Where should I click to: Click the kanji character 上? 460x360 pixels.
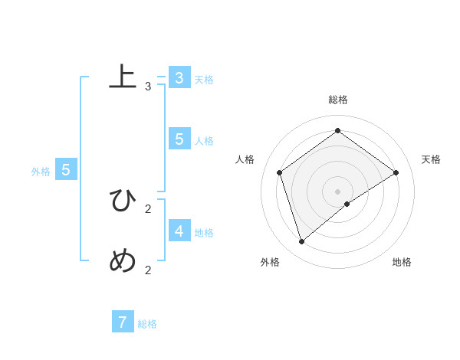coord(123,78)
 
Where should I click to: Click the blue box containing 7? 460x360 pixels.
coord(123,322)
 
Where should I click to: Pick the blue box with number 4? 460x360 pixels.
coord(179,231)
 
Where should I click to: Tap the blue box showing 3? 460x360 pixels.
coord(179,77)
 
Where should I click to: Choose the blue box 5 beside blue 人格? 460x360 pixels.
coord(179,139)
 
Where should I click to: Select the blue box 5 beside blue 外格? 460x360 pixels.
coord(66,170)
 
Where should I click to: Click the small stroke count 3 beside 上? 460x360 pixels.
coord(148,87)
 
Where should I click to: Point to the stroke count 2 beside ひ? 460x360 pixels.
coord(148,208)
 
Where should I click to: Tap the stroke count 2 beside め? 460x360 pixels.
coord(148,270)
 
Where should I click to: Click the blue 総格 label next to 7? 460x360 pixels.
coord(147,324)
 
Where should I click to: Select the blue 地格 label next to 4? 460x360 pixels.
coord(204,233)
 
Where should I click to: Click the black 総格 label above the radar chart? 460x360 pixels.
coord(338,100)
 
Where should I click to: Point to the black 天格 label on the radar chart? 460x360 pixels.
coord(431,159)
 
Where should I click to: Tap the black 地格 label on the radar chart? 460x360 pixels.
coord(402,262)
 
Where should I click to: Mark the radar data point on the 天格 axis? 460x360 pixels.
coord(396,172)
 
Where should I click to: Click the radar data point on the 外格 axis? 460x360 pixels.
coord(302,241)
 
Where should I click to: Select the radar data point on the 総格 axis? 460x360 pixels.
coord(337,131)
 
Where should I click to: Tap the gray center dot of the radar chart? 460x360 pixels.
coord(337,191)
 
